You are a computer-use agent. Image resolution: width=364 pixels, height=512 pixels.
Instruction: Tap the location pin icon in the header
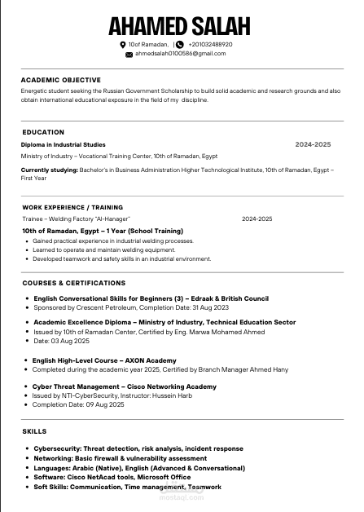(122, 44)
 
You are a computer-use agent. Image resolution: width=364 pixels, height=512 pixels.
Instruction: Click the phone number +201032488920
(210, 44)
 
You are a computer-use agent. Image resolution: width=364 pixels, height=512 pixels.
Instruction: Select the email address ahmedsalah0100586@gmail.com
(180, 54)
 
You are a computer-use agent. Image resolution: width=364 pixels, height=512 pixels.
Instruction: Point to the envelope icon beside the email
(129, 54)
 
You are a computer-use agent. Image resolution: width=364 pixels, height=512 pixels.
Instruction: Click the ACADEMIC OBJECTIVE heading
(60, 80)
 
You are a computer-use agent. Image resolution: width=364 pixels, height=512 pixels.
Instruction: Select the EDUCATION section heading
(43, 131)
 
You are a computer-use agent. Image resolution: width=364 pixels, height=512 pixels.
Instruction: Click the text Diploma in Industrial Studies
(63, 144)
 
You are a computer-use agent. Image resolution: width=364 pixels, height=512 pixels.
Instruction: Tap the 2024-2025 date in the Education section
(313, 144)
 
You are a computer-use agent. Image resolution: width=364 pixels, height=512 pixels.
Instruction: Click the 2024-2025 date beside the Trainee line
(257, 219)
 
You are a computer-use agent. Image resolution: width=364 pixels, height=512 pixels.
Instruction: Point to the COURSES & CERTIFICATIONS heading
(74, 282)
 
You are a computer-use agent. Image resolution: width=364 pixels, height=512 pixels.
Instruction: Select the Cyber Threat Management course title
(125, 386)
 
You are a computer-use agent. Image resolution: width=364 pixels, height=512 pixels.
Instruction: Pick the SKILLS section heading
(34, 430)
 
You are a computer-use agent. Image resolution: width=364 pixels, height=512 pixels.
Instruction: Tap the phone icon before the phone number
(179, 44)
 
